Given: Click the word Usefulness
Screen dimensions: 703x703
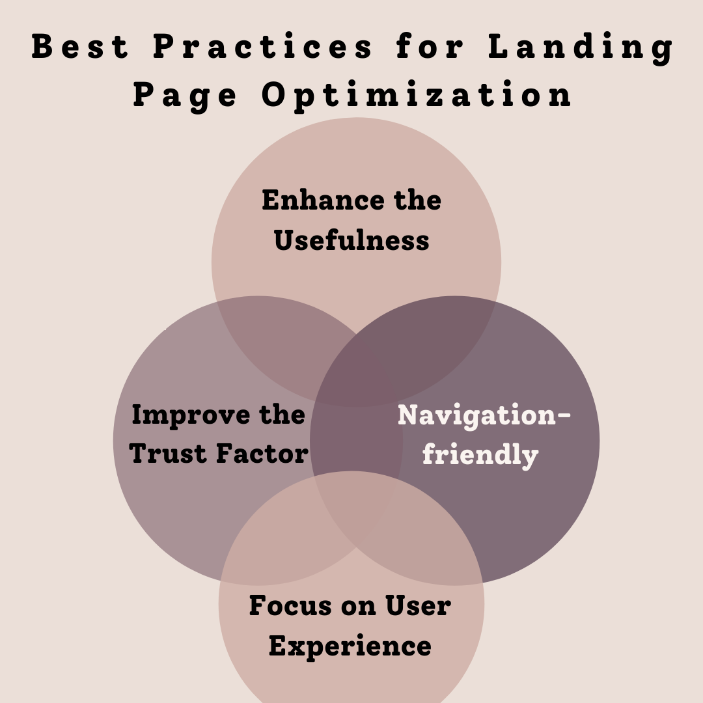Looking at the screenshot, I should (351, 240).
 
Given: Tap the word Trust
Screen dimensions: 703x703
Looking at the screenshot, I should (169, 453).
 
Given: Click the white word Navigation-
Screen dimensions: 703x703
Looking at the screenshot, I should (484, 415).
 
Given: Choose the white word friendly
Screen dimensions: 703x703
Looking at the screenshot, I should (480, 454).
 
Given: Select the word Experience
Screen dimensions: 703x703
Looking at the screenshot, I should (350, 646).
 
